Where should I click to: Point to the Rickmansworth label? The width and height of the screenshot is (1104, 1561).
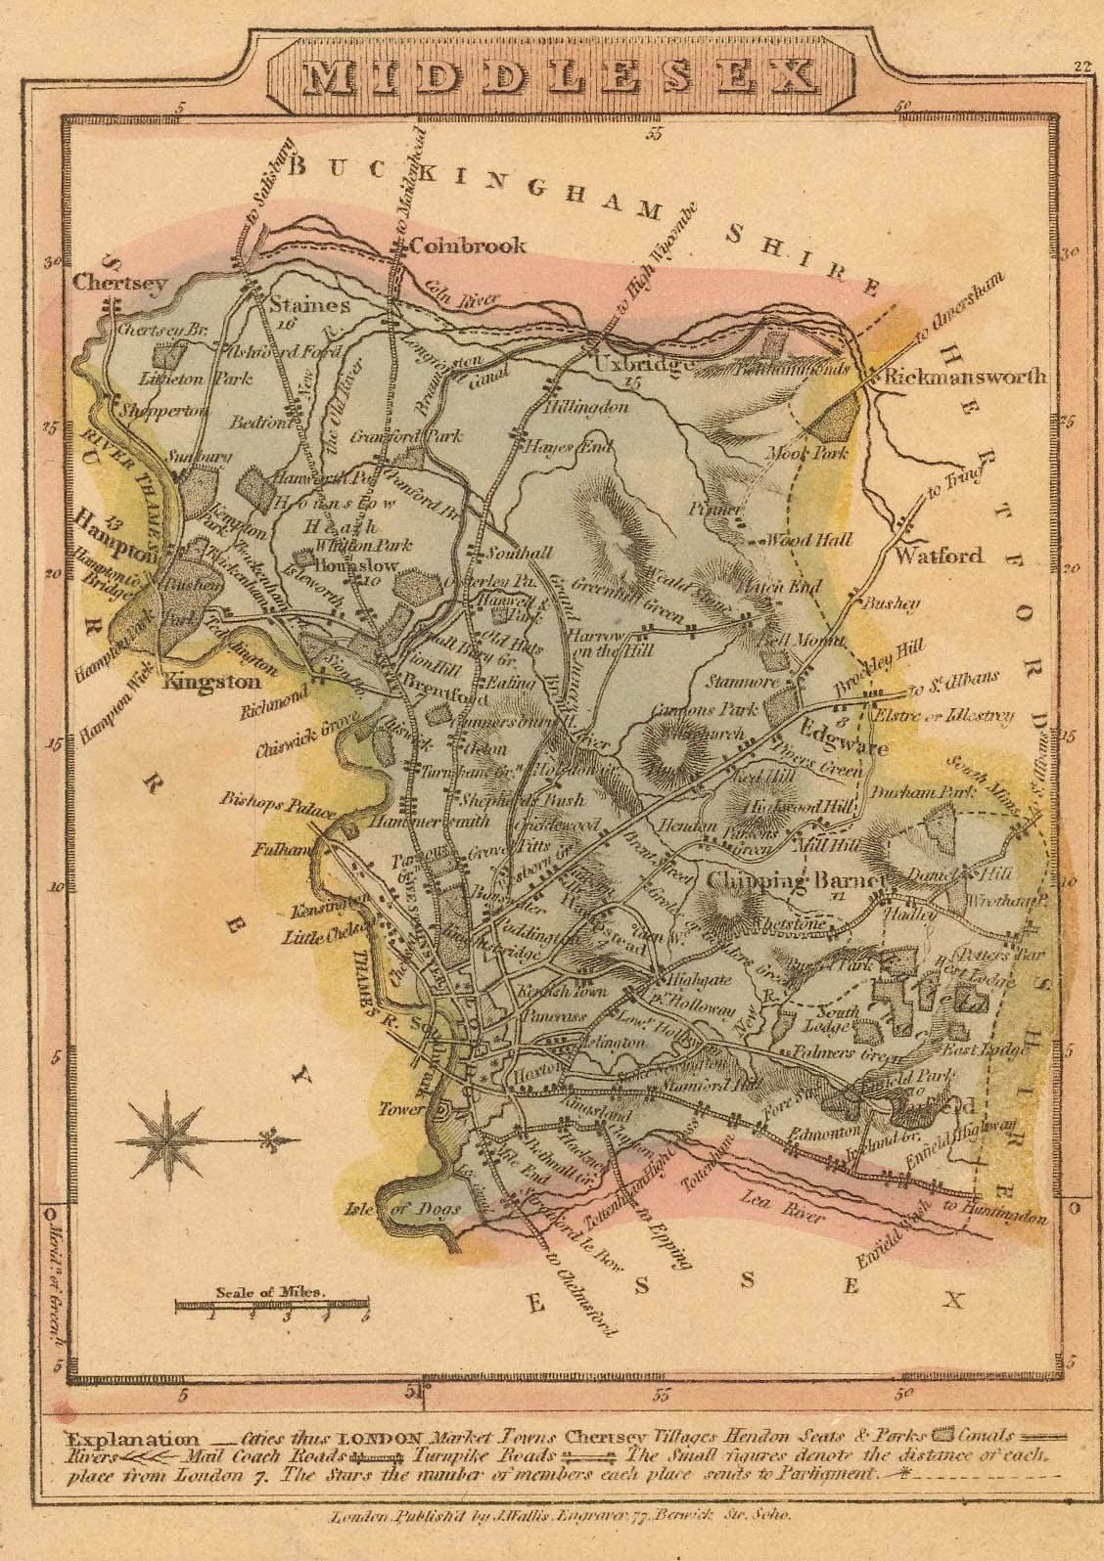point(964,376)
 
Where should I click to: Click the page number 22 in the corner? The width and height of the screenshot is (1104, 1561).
point(1081,67)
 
